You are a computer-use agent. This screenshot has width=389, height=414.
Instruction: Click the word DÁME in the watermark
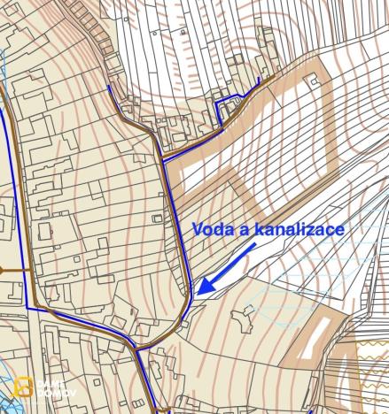coord(51,383)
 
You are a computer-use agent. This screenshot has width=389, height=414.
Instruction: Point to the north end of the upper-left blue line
coord(108,87)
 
